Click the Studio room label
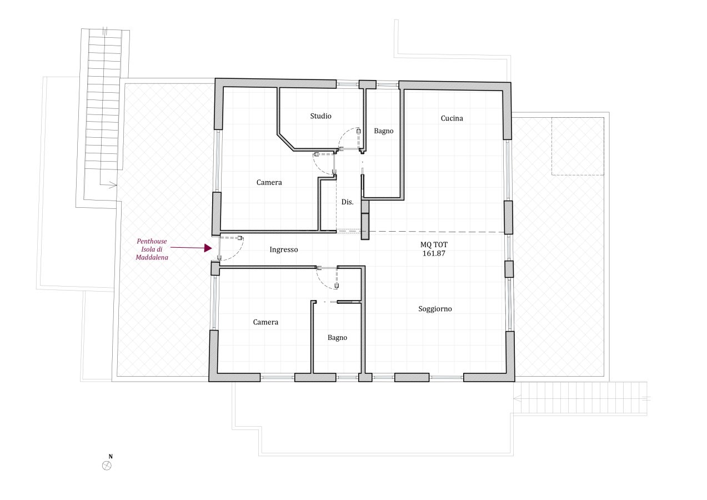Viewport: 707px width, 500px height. coord(320,116)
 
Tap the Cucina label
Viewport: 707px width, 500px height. coord(452,118)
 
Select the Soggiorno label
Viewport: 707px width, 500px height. coord(435,309)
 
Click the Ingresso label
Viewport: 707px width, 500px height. coord(283,250)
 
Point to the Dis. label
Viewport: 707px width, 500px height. coord(347,202)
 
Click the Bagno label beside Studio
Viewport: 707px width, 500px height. coord(383,131)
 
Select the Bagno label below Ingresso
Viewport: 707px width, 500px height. coord(337,338)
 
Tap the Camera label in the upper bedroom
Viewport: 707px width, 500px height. coord(269,182)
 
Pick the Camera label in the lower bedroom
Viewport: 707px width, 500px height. coord(265,322)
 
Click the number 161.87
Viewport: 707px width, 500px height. coord(434,253)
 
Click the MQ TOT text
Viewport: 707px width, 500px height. coord(434,244)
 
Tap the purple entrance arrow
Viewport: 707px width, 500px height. coord(191,248)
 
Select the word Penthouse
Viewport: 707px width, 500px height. coord(152,242)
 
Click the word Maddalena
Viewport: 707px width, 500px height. coord(152,258)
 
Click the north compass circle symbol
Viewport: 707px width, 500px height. coord(107,466)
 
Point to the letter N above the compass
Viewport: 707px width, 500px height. coord(111,457)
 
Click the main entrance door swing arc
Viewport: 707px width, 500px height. coord(237,253)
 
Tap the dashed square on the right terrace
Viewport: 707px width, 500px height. coord(578,146)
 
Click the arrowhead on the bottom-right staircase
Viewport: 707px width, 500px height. coord(517,399)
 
